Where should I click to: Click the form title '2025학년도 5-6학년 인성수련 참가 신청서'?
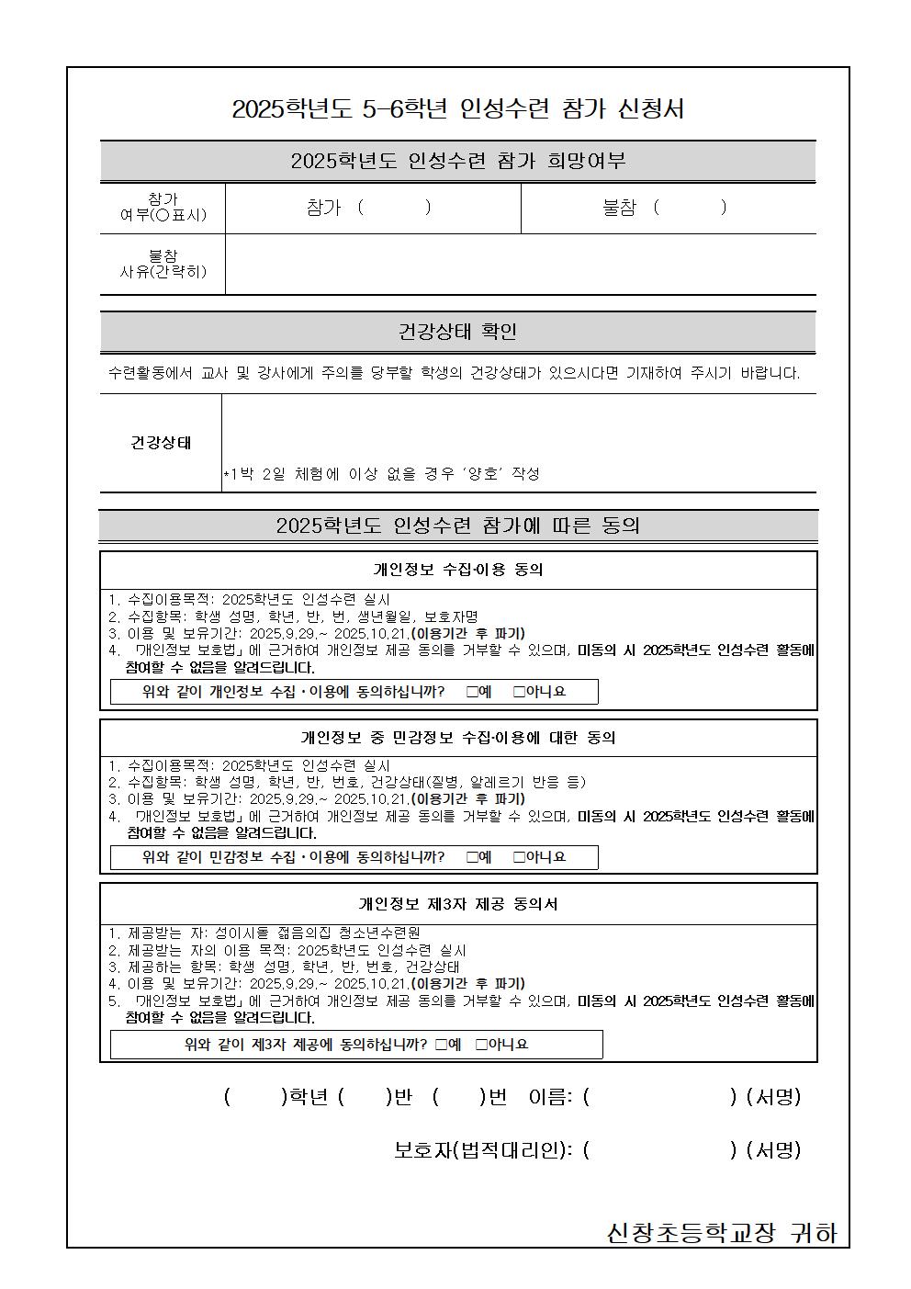pos(457,109)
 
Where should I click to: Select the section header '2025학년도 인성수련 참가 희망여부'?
pos(457,162)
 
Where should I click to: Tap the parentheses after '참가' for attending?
pos(393,208)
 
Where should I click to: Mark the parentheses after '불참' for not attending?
pos(689,208)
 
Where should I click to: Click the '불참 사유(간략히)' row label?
pos(163,264)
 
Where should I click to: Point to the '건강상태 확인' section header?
pos(457,332)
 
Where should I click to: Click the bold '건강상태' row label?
pos(161,443)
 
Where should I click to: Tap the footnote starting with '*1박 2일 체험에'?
pos(381,474)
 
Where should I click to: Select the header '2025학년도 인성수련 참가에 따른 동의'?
pos(457,526)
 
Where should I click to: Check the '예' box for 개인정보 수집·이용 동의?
pos(472,692)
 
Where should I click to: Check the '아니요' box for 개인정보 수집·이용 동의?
pos(519,692)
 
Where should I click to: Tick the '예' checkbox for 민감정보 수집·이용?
pos(472,857)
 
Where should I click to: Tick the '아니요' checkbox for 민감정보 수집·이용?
pos(519,857)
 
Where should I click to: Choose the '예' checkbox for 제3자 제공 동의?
pos(442,1045)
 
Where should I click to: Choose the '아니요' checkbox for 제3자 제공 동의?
pos(481,1045)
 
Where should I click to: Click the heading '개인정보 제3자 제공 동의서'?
pos(457,904)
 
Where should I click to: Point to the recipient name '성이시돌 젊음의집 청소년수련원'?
pos(318,933)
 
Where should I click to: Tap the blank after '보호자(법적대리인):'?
pos(659,1150)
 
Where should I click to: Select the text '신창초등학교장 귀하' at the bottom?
pos(722,1233)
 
